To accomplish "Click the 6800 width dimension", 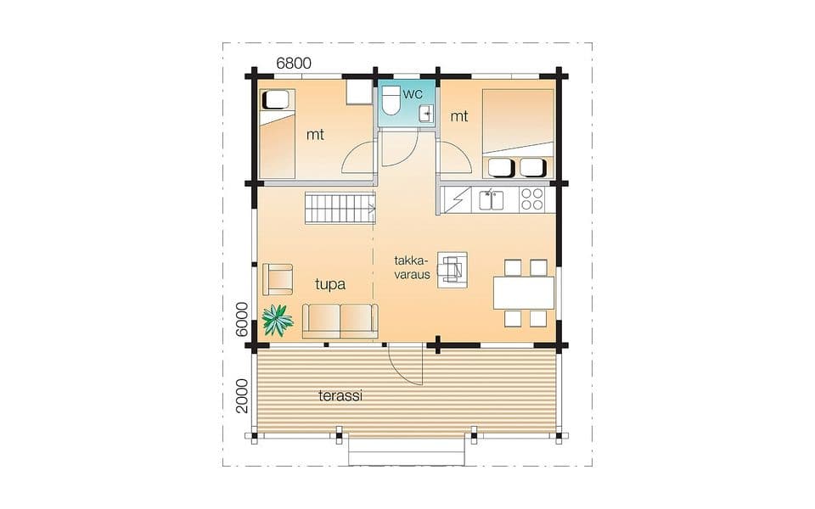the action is [294, 63].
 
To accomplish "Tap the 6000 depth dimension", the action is [242, 320].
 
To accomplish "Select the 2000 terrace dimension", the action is [242, 396].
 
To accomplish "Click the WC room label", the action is [413, 94].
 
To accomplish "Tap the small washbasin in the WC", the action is [426, 113].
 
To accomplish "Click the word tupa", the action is [330, 285].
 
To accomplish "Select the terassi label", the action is [340, 396].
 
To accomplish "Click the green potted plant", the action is [277, 320].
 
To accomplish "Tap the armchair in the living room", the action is [278, 279].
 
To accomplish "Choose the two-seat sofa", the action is [340, 321].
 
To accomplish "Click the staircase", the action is [340, 208].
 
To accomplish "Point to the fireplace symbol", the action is [452, 270].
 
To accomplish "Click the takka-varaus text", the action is [413, 267].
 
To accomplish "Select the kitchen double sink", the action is [492, 200].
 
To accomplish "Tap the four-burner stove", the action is [531, 199].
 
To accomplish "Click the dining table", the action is [524, 293].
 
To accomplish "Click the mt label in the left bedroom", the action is [315, 135].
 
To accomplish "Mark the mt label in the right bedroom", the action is [459, 116].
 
